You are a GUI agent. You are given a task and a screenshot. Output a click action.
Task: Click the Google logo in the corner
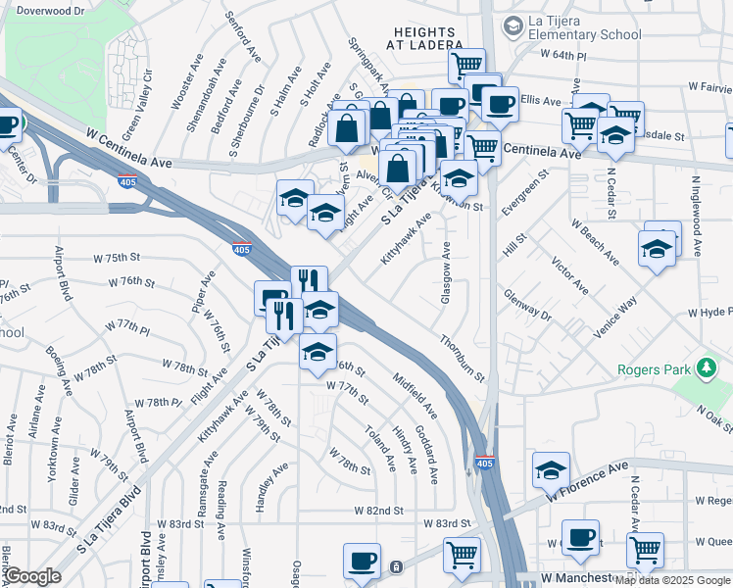coord(31,576)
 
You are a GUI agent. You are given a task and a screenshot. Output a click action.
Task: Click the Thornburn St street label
coord(463,359)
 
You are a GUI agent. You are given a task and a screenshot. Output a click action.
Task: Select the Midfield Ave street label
coord(415,390)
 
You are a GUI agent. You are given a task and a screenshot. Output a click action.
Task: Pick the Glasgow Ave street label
coord(446,272)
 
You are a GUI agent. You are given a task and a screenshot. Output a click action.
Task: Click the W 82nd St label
coord(379,511)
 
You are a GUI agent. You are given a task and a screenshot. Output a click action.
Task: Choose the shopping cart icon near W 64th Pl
coord(466,66)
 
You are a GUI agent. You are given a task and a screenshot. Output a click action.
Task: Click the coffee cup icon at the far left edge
coord(8,125)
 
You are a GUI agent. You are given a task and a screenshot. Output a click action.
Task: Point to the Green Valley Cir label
coord(136,103)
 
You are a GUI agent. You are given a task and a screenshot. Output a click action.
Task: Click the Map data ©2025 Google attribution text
coord(673,580)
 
